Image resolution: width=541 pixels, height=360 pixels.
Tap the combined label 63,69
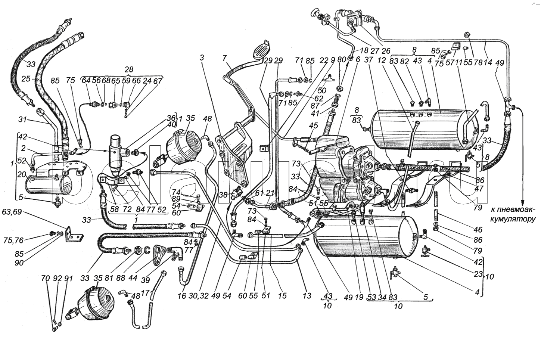click(12, 212)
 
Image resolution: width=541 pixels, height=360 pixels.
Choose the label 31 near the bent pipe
click(23, 120)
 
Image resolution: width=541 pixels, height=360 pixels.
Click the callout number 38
click(223, 194)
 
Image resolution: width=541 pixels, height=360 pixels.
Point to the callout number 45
click(314, 125)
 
